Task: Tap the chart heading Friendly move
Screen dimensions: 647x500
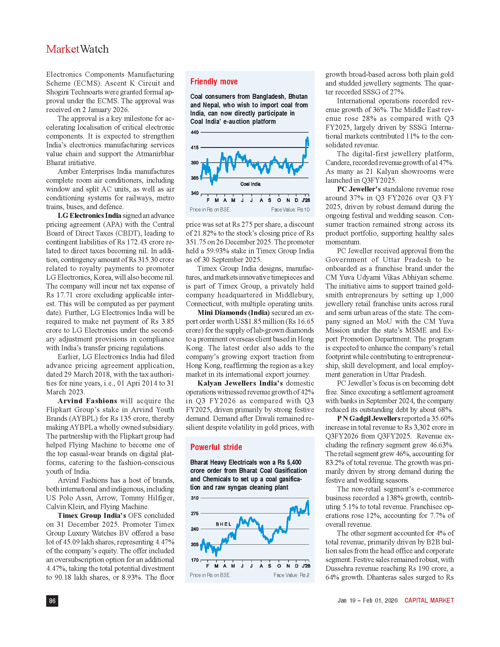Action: pyautogui.click(x=214, y=82)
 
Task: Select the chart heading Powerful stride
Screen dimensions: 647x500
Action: pyautogui.click(x=216, y=447)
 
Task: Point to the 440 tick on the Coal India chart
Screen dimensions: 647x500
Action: pyautogui.click(x=195, y=132)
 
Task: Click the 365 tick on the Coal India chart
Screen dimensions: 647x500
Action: pyautogui.click(x=195, y=178)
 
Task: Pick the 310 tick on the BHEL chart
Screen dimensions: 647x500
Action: pyautogui.click(x=195, y=498)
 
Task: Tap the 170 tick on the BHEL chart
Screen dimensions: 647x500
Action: pyautogui.click(x=195, y=560)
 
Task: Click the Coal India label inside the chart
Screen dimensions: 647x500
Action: pyautogui.click(x=250, y=184)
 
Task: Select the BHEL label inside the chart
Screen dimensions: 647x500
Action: pyautogui.click(x=224, y=524)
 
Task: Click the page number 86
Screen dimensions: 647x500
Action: pyautogui.click(x=52, y=601)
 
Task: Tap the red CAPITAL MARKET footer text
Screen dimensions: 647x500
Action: pyautogui.click(x=429, y=600)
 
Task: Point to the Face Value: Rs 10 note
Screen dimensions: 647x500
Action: pyautogui.click(x=290, y=210)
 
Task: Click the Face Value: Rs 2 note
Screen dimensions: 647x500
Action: pyautogui.click(x=291, y=575)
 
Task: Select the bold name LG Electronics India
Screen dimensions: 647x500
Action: pyautogui.click(x=89, y=215)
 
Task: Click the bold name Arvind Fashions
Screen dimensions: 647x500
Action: pyautogui.click(x=87, y=401)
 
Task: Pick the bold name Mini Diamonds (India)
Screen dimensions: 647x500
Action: pyautogui.click(x=234, y=313)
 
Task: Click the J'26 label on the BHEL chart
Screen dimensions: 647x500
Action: pyautogui.click(x=306, y=566)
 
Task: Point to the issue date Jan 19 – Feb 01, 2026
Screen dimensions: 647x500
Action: pyautogui.click(x=367, y=600)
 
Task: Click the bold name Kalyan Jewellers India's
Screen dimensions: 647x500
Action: pyautogui.click(x=240, y=383)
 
